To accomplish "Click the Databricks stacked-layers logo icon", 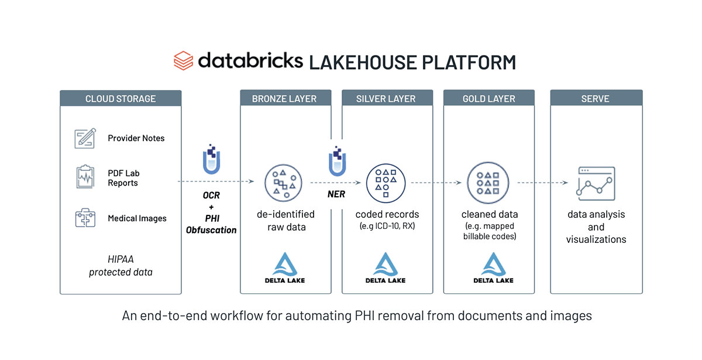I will [x=183, y=61].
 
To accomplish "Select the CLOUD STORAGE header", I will [x=121, y=98].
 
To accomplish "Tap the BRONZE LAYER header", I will [x=285, y=98].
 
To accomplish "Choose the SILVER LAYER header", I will [x=386, y=98].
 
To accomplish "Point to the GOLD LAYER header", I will [x=489, y=98].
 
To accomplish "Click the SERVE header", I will [x=596, y=98].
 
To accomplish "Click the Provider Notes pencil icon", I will [x=85, y=138].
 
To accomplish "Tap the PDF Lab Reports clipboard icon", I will [x=85, y=177].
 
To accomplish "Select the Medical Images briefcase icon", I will [x=85, y=218].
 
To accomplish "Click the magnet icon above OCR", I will [x=212, y=159].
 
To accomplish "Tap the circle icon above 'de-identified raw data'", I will [x=283, y=183].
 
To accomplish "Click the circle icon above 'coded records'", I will [x=386, y=183].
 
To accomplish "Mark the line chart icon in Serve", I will [x=596, y=181].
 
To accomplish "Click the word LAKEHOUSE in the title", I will [x=360, y=61].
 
